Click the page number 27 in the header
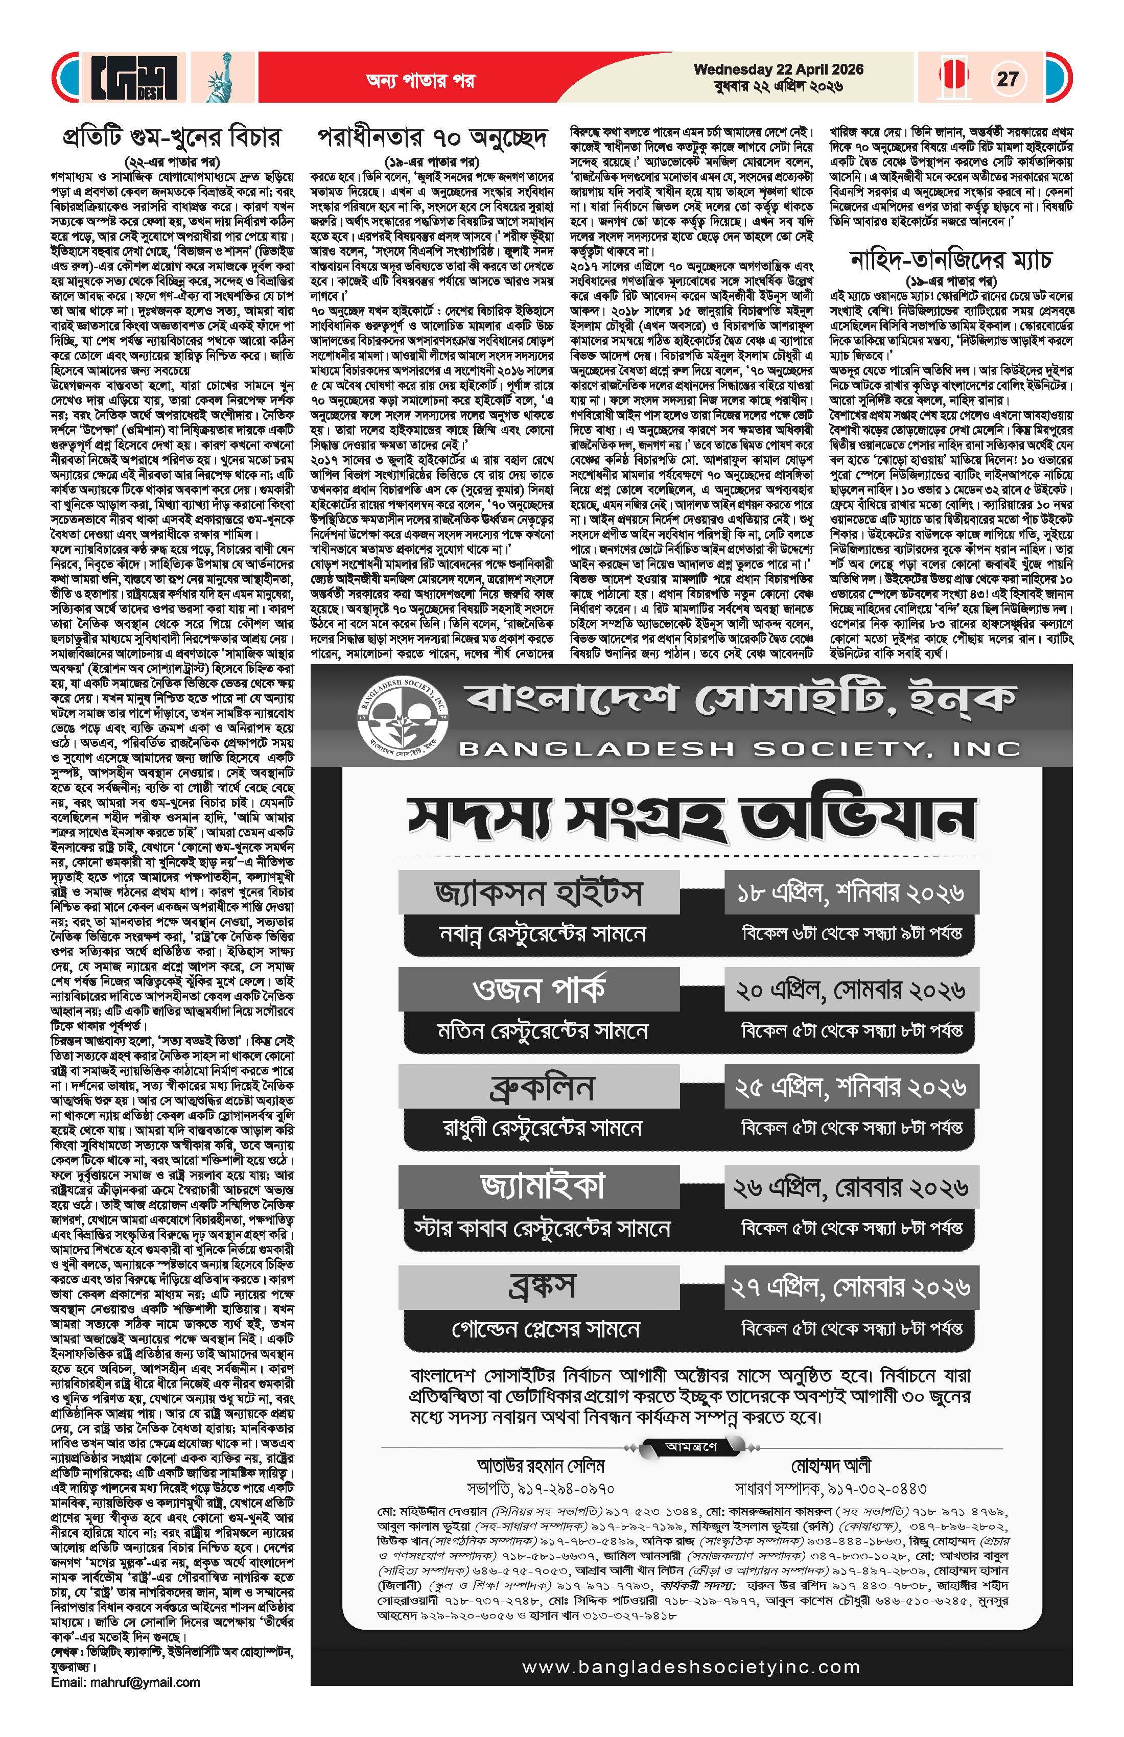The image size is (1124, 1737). coord(1007,78)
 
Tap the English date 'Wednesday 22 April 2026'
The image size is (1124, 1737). coord(778,70)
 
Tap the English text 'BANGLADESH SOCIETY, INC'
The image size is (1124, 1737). coord(739,749)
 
